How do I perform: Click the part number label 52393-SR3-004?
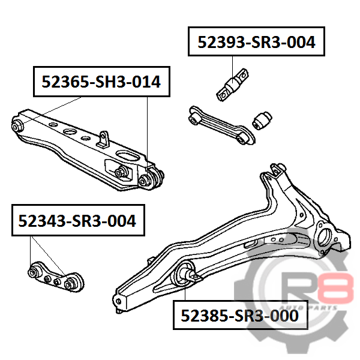click(x=256, y=42)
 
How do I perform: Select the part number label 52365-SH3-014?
click(x=101, y=82)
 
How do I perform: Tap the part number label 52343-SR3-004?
click(x=78, y=220)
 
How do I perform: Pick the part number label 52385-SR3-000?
click(x=240, y=315)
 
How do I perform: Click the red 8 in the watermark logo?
click(x=340, y=289)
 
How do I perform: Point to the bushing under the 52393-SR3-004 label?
click(x=233, y=85)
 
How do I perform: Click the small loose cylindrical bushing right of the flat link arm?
click(x=262, y=121)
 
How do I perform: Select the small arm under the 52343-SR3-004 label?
click(x=56, y=277)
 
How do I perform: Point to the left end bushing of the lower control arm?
click(x=17, y=126)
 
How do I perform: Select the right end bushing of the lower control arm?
click(x=151, y=179)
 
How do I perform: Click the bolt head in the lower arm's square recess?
click(x=120, y=172)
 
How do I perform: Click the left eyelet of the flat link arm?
click(x=194, y=119)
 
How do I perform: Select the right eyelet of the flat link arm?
click(x=242, y=139)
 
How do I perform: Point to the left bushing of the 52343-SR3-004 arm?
click(x=34, y=272)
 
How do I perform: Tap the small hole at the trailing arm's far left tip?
click(x=118, y=301)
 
